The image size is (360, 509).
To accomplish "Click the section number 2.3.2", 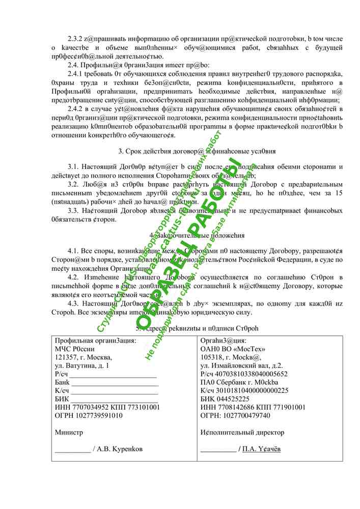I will point(75,39).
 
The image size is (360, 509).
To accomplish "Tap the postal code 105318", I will point(212,357).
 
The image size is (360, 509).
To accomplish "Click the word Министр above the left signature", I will point(68,433).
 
